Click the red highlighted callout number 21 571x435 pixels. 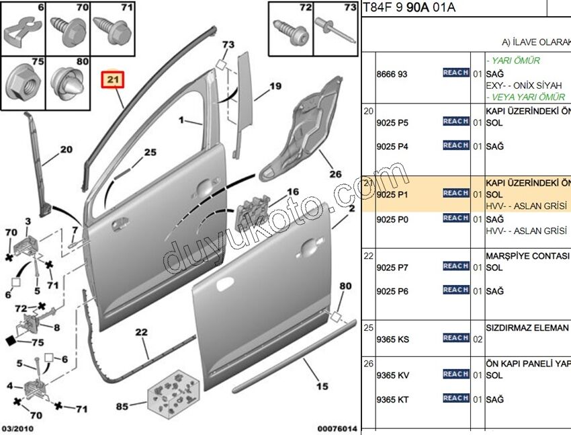[112, 81]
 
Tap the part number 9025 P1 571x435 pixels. [393, 194]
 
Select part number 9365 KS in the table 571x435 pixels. [393, 339]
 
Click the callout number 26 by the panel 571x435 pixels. [335, 173]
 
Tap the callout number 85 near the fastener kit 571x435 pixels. [122, 406]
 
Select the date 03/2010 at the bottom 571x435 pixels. [17, 428]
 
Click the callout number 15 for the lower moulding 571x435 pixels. [322, 386]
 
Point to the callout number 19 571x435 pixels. [275, 86]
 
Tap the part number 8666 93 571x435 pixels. [393, 73]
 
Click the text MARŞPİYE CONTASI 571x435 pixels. [527, 256]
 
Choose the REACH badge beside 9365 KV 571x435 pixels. [455, 374]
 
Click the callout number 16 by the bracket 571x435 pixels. [293, 192]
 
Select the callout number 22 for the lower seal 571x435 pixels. [141, 331]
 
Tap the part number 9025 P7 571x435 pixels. [393, 267]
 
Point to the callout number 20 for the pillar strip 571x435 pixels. [66, 149]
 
